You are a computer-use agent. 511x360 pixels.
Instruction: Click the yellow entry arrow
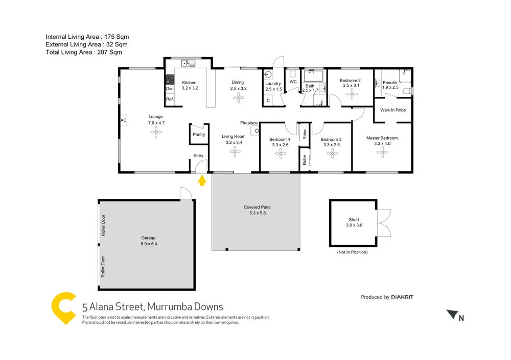pyautogui.click(x=201, y=179)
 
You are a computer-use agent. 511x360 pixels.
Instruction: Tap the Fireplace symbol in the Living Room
pyautogui.click(x=254, y=131)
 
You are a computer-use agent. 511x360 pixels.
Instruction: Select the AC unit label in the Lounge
pyautogui.click(x=123, y=120)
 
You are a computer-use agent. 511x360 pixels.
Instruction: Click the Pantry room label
pyautogui.click(x=199, y=135)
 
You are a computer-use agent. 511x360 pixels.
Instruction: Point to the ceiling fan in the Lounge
pyautogui.click(x=156, y=132)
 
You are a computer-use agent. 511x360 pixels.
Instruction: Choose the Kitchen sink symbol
pyautogui.click(x=188, y=64)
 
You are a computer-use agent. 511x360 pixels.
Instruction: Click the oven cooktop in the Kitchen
pyautogui.click(x=170, y=80)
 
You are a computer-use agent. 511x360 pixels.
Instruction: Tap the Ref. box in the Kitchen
pyautogui.click(x=170, y=99)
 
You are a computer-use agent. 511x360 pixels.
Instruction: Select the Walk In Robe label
pyautogui.click(x=393, y=110)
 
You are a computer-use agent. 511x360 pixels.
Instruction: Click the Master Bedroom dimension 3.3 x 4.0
pyautogui.click(x=382, y=144)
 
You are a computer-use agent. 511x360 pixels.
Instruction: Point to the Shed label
pyautogui.click(x=353, y=220)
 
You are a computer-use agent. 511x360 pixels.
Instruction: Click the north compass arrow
pyautogui.click(x=451, y=314)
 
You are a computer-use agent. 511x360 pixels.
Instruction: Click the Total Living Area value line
pyautogui.click(x=84, y=52)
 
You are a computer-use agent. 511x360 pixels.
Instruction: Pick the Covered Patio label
pyautogui.click(x=257, y=208)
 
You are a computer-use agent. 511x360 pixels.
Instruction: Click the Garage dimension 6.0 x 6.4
pyautogui.click(x=148, y=244)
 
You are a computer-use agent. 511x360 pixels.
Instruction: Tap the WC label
pyautogui.click(x=293, y=82)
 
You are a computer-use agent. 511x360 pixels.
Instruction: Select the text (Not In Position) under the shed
pyautogui.click(x=352, y=252)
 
